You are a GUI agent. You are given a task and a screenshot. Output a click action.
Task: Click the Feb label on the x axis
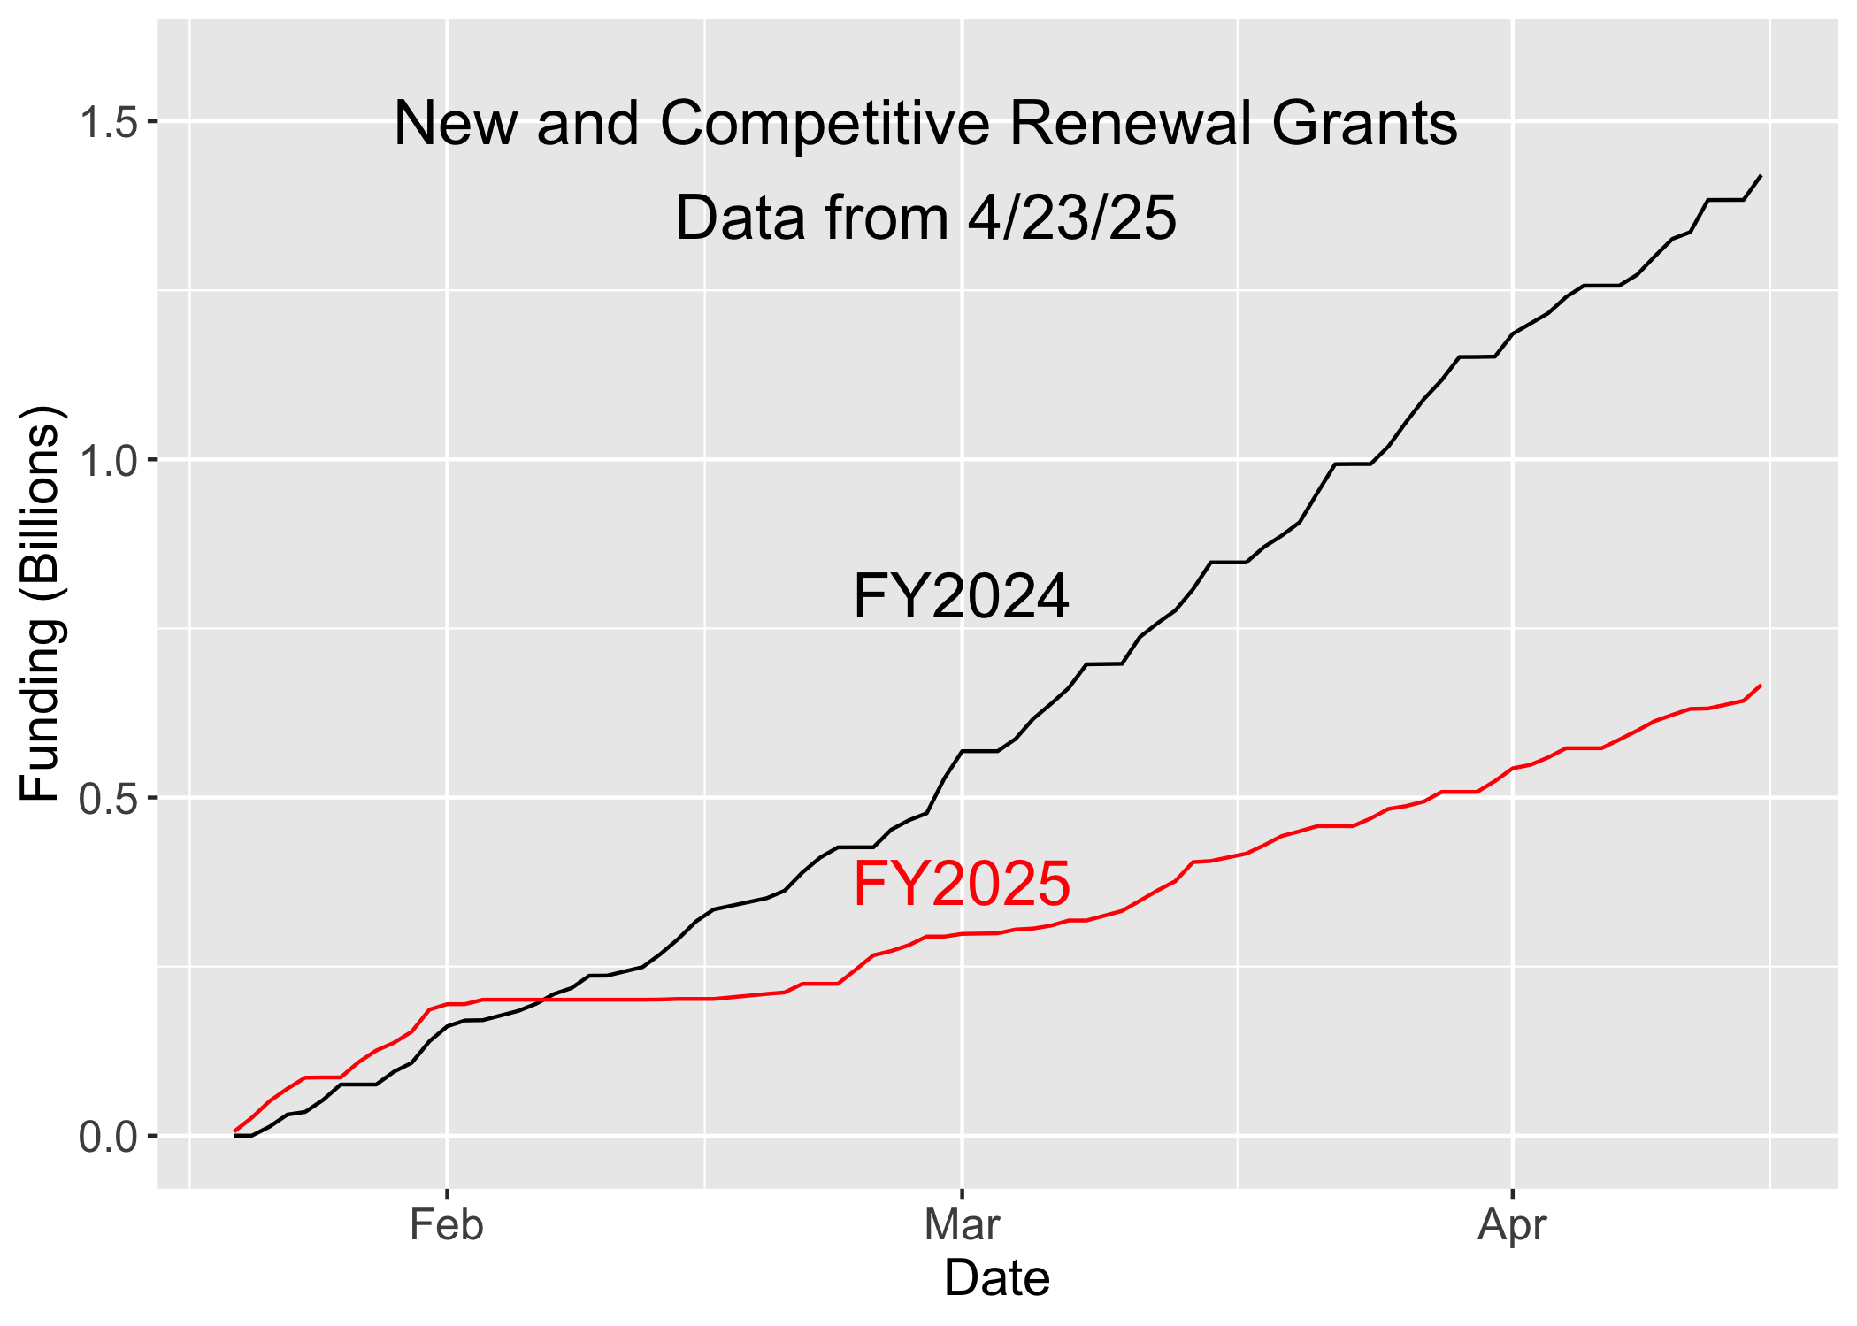[447, 1225]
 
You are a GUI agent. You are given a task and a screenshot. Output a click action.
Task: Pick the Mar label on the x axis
[962, 1225]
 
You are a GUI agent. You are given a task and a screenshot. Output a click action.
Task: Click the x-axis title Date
[997, 1278]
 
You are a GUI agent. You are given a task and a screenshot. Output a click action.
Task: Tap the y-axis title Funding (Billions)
[41, 603]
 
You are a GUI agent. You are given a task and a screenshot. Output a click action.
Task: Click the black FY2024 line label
[962, 596]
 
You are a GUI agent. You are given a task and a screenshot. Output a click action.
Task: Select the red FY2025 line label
[962, 884]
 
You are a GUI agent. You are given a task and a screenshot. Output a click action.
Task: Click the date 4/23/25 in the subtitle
[1072, 218]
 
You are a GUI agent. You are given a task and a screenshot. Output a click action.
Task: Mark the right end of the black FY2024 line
[1761, 176]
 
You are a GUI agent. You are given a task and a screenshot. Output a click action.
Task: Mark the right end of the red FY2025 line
[1761, 686]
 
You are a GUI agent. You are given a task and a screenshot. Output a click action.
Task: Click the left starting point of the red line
[235, 1131]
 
